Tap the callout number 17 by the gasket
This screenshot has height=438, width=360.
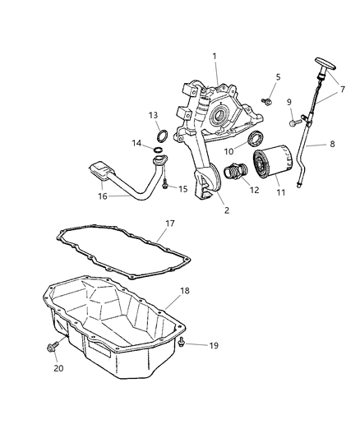coord(168,223)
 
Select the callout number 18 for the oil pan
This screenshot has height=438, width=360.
coord(185,291)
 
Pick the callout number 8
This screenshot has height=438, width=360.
coord(332,145)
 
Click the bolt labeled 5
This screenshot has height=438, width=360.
coord(267,101)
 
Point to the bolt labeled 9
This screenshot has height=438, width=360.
coord(295,122)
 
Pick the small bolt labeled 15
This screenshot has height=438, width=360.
coord(167,189)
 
